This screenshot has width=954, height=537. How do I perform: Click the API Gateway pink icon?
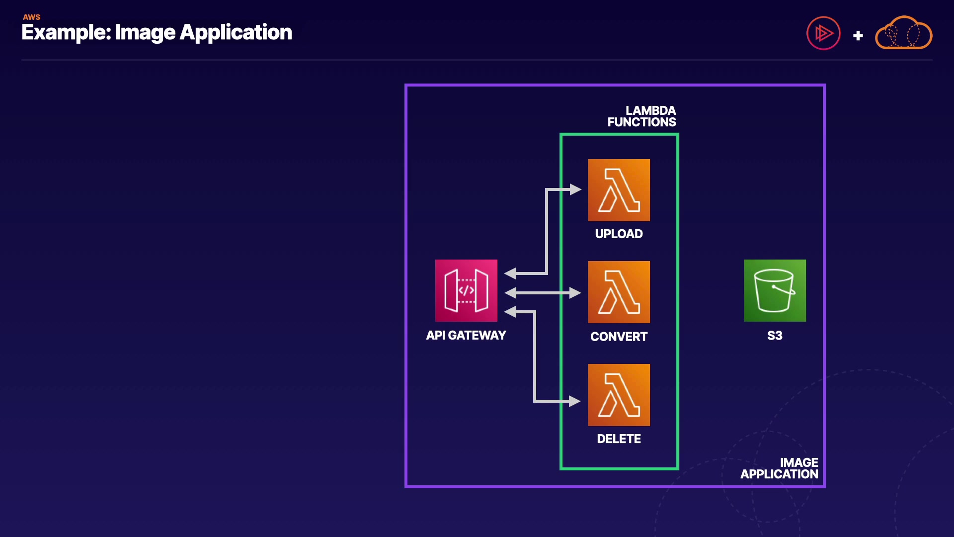point(466,290)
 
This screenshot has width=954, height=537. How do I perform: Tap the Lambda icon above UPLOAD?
point(619,190)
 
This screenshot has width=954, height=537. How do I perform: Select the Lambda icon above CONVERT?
point(619,292)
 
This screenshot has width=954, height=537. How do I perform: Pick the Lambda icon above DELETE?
point(619,395)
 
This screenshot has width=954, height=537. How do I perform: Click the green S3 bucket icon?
point(775,290)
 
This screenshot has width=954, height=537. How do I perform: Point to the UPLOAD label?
point(619,234)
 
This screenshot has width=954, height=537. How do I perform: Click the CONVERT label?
point(619,337)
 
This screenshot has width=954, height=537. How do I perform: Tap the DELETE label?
point(619,439)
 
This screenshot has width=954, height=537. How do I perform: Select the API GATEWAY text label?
point(466,335)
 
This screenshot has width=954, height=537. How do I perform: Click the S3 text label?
point(775,336)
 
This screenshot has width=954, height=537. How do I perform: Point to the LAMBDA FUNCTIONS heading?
point(641,116)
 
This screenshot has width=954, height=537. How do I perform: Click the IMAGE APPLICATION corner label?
point(779,468)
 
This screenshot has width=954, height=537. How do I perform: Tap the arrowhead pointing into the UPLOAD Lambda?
point(575,189)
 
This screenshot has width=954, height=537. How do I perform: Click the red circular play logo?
point(823,33)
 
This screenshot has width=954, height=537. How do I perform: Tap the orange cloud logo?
point(903,33)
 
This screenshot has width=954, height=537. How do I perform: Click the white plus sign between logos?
point(858,36)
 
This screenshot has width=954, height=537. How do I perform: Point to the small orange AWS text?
point(31,17)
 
